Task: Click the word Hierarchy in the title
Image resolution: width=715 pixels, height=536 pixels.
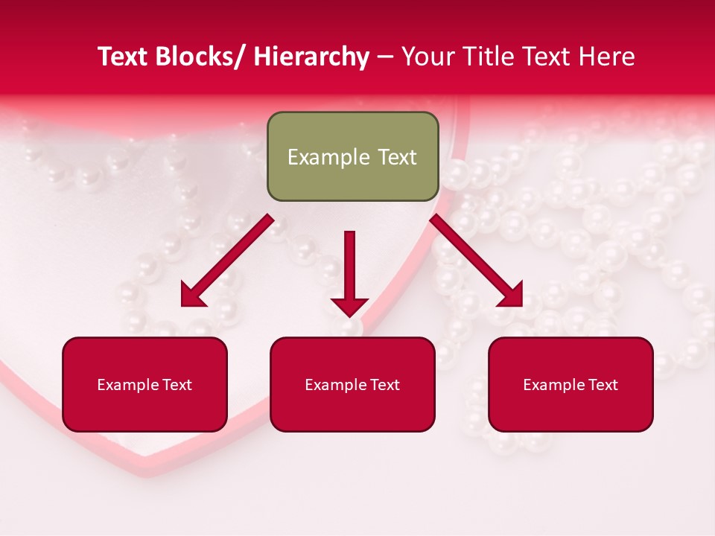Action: [311, 57]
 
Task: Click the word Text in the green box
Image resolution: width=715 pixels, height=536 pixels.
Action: [395, 157]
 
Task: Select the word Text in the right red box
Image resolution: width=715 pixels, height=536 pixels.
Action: [603, 385]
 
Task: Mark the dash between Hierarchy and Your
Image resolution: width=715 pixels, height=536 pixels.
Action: [385, 57]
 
